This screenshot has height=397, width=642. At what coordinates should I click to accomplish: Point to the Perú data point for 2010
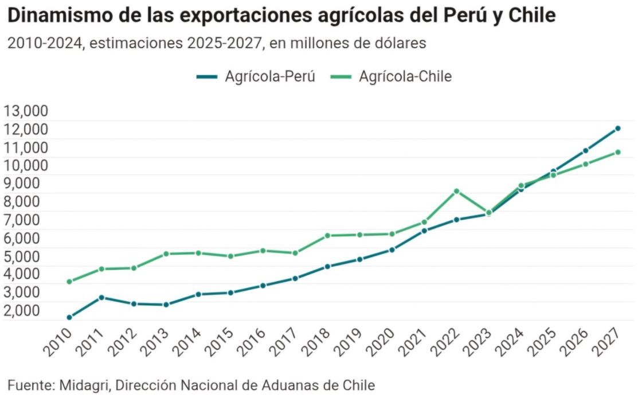coord(69,317)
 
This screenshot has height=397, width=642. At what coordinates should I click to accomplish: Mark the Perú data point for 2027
coord(618,129)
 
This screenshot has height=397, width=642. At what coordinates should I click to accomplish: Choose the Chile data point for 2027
coord(618,152)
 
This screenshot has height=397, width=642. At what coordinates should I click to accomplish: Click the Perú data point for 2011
coord(101,297)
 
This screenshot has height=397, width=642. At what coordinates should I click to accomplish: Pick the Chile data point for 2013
coord(166,254)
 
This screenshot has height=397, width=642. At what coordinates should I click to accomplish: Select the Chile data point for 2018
coord(327,235)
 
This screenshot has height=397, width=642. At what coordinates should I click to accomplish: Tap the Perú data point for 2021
coord(424,231)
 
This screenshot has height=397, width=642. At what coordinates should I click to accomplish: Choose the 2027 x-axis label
coord(606,342)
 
